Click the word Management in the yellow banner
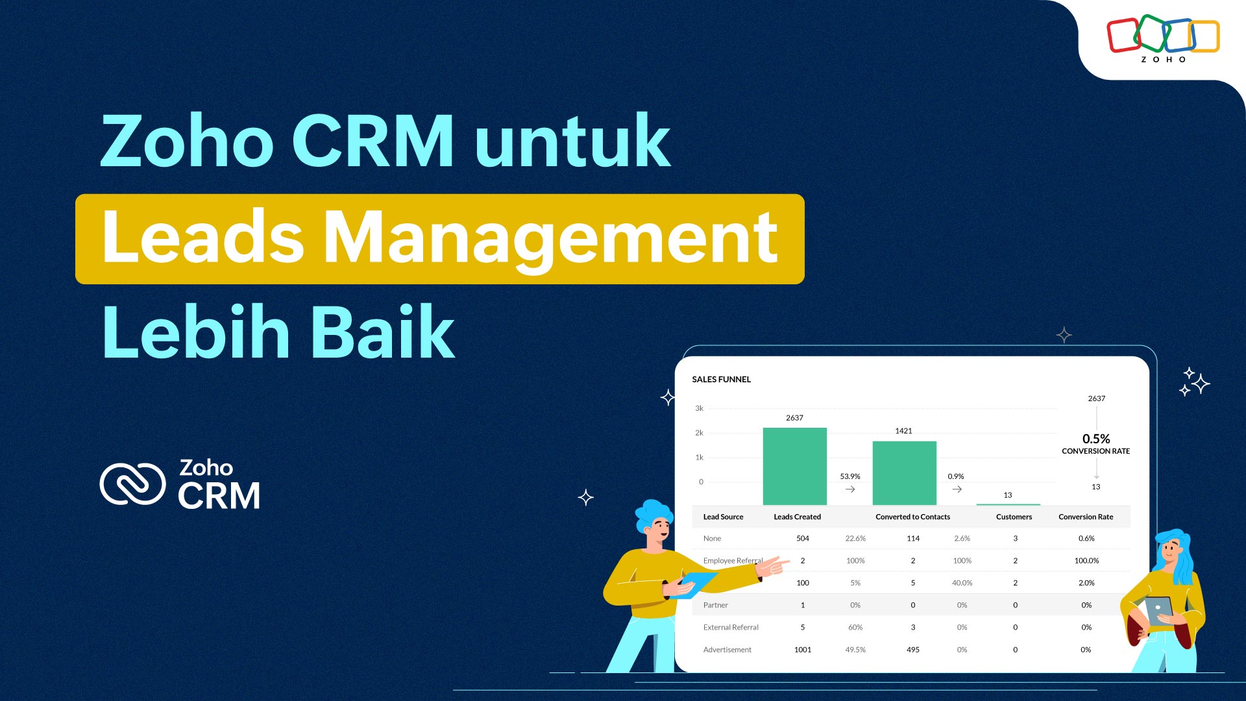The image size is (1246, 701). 550,239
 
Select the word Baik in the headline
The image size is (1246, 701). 382,332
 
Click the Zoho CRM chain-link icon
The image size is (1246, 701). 133,484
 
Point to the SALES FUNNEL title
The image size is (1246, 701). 721,380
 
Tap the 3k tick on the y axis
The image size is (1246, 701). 699,409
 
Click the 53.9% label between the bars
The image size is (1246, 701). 850,476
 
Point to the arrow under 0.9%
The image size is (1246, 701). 957,489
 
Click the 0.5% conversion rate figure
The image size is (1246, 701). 1096,439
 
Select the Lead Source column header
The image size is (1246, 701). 723,517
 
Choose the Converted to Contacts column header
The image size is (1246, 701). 912,517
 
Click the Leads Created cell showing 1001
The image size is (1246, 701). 803,650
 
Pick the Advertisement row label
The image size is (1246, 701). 727,650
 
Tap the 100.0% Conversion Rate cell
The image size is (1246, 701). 1086,561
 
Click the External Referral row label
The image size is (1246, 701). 731,628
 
